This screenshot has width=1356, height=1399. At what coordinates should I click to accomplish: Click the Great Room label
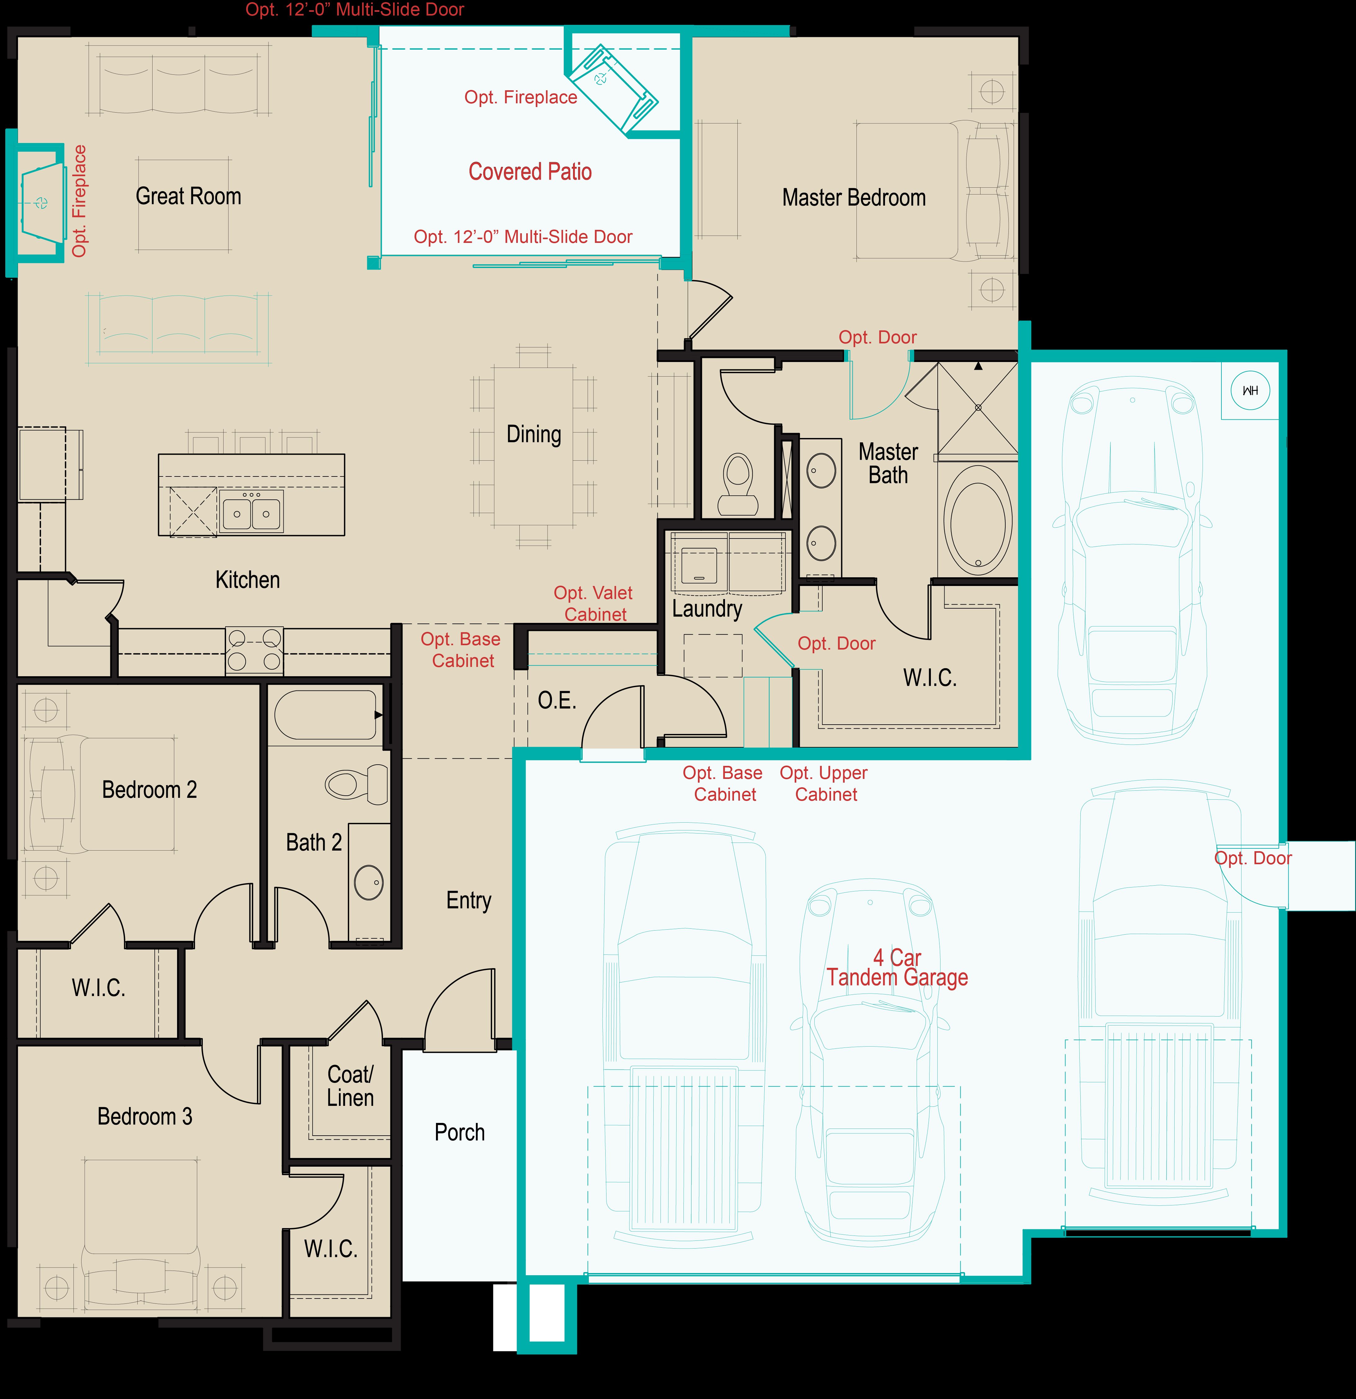[x=189, y=196]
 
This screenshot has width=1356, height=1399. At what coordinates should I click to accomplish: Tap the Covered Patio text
[x=530, y=172]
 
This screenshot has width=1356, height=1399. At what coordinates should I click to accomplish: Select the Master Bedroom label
[x=854, y=198]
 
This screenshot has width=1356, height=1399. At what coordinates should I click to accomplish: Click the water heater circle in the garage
[x=1250, y=391]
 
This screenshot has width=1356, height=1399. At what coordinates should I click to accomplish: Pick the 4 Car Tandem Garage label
[x=897, y=968]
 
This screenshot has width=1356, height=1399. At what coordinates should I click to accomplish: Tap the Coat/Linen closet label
[x=350, y=1086]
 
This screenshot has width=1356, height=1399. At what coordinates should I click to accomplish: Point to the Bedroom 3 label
[x=145, y=1116]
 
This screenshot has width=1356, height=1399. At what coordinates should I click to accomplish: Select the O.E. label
[x=557, y=701]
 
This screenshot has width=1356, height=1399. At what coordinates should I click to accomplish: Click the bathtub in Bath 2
[x=326, y=714]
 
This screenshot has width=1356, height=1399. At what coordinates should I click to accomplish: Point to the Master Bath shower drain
[x=978, y=408]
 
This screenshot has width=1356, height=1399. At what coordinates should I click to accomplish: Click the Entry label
[x=469, y=901]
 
